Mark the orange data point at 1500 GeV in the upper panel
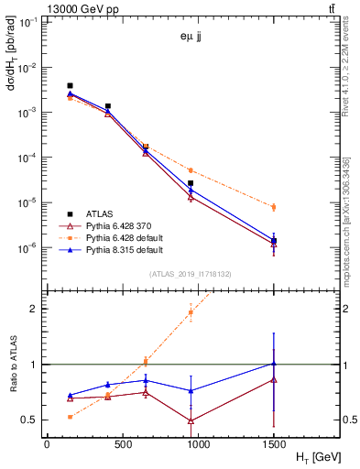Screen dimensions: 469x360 (x=273, y=207)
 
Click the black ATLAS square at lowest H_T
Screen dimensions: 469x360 (x=71, y=86)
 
